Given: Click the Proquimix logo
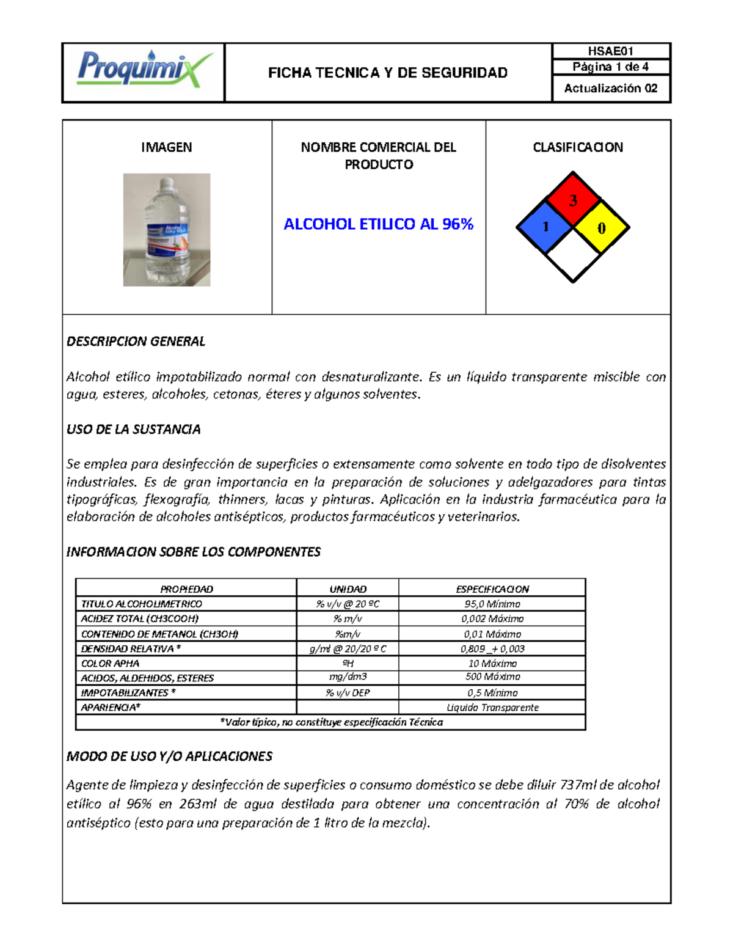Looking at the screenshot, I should (144, 69).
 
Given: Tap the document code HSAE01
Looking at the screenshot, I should (610, 51).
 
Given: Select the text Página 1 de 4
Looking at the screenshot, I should (610, 67).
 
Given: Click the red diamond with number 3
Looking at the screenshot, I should (573, 199).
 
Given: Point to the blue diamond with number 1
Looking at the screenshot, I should (545, 227).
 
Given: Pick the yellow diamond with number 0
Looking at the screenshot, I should (601, 227).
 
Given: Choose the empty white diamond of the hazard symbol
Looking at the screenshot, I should (573, 255).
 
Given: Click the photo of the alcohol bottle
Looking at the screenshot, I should (167, 230).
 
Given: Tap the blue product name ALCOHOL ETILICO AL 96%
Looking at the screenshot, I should (379, 224).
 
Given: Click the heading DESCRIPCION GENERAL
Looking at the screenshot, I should (136, 342).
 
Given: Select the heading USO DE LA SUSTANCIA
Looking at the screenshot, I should (133, 430).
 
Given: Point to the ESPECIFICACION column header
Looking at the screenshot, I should (492, 589).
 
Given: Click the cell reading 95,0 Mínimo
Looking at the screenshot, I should (492, 604).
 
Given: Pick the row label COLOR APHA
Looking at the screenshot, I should (111, 663).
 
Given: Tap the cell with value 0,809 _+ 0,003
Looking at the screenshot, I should (492, 648).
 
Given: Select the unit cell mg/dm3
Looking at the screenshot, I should (348, 676).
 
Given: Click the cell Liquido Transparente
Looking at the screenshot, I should (492, 707).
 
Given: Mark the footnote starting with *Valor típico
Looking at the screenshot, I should (331, 722).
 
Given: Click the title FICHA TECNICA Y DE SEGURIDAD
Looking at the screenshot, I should (388, 73).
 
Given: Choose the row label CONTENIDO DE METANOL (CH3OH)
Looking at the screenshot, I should (159, 634).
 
